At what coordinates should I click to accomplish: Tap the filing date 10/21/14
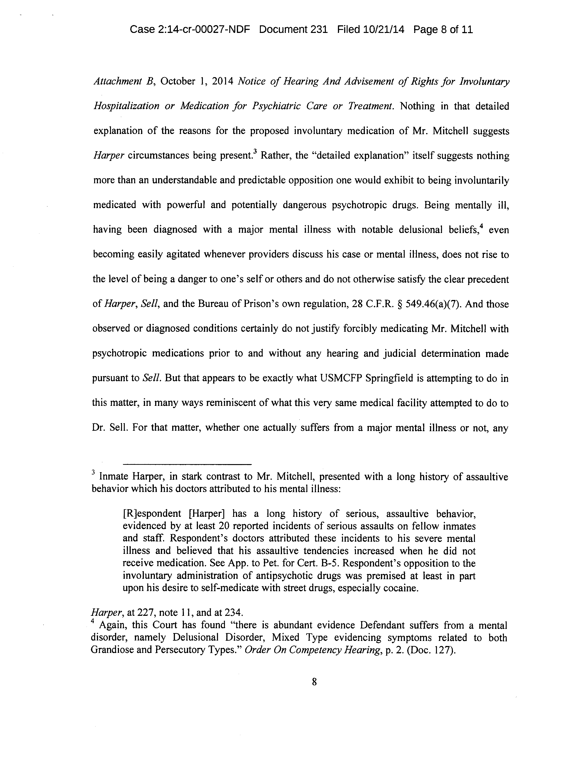[x=384, y=29]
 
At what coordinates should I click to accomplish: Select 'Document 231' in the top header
[x=293, y=29]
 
